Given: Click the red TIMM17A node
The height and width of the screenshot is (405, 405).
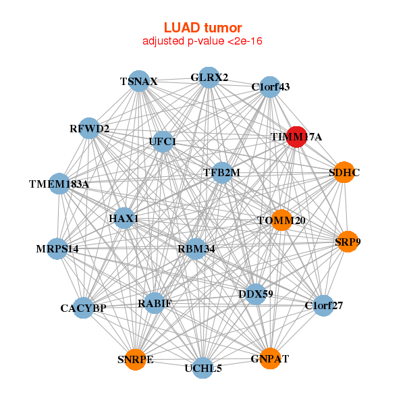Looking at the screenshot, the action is (x=297, y=136).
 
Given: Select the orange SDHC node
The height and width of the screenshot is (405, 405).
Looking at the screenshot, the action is (x=344, y=172).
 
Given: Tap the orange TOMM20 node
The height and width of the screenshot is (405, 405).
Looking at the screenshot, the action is (x=281, y=220).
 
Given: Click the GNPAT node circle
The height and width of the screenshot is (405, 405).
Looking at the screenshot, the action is (x=270, y=358).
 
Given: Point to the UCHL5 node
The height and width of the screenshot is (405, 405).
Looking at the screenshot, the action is (x=203, y=368).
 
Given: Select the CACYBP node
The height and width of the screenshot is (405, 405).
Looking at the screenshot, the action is (x=84, y=308).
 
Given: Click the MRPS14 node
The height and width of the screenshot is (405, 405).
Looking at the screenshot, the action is (x=58, y=248).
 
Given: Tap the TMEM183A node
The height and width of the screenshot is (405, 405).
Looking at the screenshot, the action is (x=59, y=183).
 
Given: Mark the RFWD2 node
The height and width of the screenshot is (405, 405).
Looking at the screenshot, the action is (x=89, y=128).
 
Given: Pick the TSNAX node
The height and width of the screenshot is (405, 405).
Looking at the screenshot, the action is (x=138, y=81).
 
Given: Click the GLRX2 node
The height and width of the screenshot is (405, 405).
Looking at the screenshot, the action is (x=209, y=77).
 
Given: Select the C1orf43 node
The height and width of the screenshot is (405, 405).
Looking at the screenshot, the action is (x=270, y=86).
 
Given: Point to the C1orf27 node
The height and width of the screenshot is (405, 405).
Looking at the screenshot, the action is (x=323, y=305).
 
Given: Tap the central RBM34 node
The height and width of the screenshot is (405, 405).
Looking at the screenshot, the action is (x=196, y=248).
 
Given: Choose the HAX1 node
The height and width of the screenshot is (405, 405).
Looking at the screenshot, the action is (x=124, y=219).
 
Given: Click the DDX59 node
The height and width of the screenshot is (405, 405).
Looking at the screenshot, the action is (x=255, y=294).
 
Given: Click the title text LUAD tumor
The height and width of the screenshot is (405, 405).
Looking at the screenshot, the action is (x=202, y=28).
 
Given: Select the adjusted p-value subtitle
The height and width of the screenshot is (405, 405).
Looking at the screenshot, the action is (x=202, y=41).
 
